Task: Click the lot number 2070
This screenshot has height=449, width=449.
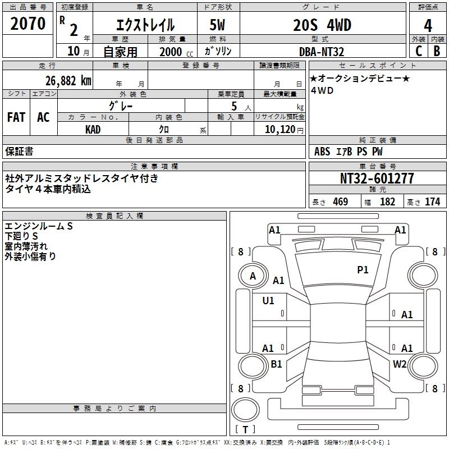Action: (x=28, y=24)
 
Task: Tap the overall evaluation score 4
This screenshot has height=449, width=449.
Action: (x=428, y=25)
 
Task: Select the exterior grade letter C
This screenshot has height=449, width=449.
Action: (x=418, y=51)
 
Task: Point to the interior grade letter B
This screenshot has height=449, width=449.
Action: (x=437, y=51)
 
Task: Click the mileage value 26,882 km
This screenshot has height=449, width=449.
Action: (x=65, y=80)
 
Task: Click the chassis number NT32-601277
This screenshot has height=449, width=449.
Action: (x=377, y=178)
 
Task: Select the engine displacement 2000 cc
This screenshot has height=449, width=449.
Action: (x=172, y=52)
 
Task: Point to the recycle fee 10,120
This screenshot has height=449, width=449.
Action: (x=277, y=130)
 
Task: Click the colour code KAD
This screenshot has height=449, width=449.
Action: (x=93, y=130)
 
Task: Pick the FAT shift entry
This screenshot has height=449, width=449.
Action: (x=16, y=117)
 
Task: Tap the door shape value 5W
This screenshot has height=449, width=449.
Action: (x=218, y=25)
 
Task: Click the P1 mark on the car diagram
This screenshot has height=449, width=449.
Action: (x=363, y=270)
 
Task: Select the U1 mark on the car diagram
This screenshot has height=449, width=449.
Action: (x=268, y=301)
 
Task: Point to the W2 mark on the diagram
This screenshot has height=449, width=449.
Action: (x=400, y=364)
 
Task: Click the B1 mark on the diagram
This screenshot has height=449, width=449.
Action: (x=276, y=364)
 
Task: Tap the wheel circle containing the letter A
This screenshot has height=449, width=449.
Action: (x=253, y=276)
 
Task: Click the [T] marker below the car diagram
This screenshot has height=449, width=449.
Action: (x=245, y=430)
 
